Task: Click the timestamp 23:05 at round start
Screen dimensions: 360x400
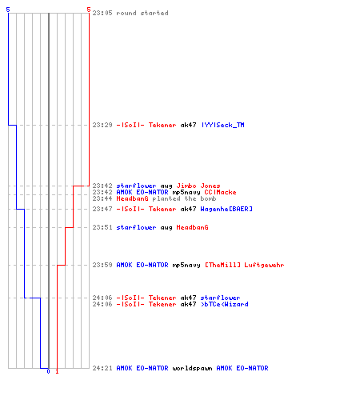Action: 102,13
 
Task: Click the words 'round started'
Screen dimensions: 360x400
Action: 142,13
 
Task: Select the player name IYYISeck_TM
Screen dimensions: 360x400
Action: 222,125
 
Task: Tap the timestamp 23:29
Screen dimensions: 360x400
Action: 102,125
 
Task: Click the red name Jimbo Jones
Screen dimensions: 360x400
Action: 198,186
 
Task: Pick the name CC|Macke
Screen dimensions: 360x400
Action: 220,192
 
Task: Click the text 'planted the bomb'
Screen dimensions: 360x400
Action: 184,198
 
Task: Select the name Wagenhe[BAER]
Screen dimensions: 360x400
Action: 226,209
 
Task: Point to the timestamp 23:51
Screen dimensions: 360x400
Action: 102,227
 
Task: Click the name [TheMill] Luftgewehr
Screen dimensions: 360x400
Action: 244,265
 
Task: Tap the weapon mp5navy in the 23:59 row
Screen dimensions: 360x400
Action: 186,265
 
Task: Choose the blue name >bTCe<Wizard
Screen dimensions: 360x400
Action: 225,304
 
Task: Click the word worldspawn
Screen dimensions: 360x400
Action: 192,368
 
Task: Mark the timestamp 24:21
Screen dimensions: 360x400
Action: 102,368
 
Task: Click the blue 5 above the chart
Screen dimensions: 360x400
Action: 8,10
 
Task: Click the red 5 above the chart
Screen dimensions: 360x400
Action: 89,10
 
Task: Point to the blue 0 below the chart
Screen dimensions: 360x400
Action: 48,371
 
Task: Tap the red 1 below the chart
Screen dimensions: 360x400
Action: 57,371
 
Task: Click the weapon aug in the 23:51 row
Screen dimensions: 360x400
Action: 166,228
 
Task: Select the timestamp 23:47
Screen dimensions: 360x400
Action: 102,209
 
